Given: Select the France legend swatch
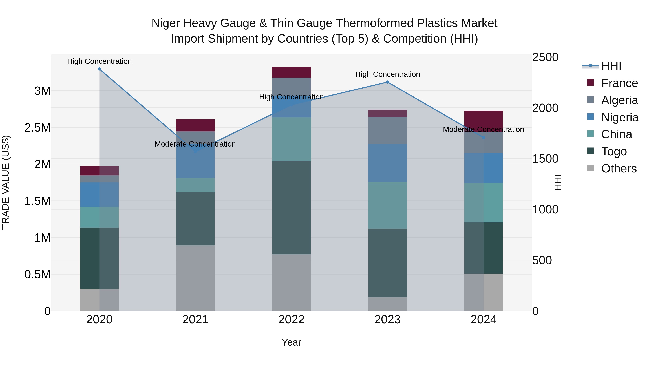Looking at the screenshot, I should [x=590, y=83].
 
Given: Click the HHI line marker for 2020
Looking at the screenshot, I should [x=99, y=69].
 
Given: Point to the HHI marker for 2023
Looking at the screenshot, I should [x=387, y=82].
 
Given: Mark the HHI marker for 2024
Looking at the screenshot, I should [x=484, y=138].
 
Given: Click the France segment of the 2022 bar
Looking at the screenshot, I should [x=291, y=72].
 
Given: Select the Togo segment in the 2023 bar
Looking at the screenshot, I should [x=387, y=263].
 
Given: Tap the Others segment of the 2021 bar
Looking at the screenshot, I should [x=195, y=278].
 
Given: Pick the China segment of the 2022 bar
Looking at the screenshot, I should [x=291, y=139].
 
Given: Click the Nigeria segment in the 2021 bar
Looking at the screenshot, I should [x=195, y=164].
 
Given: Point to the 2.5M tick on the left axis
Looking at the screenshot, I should [x=37, y=128].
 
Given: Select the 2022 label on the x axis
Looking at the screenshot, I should [x=291, y=320].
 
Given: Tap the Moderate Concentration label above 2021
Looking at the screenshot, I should [x=195, y=144].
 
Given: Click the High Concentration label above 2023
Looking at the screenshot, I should [x=387, y=74].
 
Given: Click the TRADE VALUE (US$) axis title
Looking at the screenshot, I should [x=6, y=182].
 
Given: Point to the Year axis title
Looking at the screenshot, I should [x=291, y=342].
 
